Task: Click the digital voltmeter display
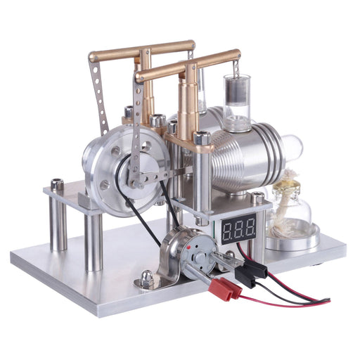tap(238, 229)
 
